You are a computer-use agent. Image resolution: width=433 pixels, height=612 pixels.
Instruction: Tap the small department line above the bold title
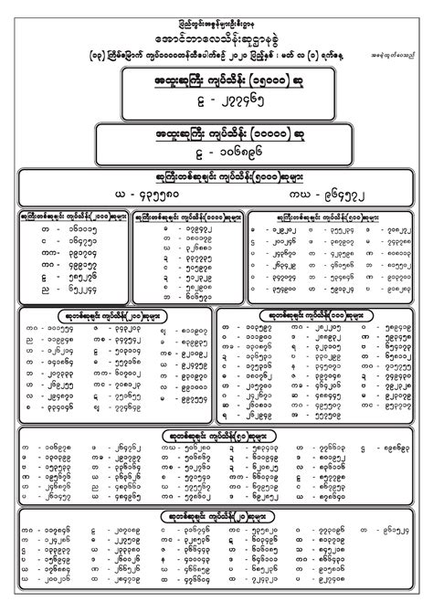[216, 11]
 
